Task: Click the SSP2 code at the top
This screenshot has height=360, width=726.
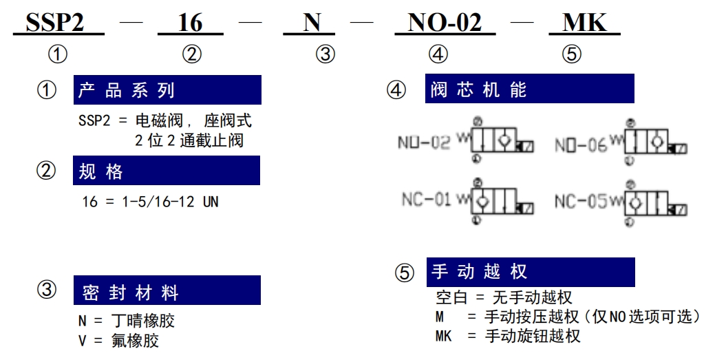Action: click(54, 22)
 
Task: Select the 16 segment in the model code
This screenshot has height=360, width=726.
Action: click(191, 23)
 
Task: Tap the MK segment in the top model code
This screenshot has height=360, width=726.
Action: click(584, 22)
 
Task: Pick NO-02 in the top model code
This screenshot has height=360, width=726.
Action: click(445, 22)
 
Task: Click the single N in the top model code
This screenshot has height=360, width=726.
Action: click(312, 22)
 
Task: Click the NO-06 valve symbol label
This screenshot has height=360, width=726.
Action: click(581, 145)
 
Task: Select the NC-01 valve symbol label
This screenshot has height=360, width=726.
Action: click(426, 200)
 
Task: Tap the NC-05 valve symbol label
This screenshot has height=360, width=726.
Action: click(581, 201)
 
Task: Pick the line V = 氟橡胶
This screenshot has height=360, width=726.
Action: click(118, 341)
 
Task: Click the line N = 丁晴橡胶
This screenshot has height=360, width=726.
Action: click(127, 321)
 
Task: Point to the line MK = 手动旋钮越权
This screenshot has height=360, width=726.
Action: click(508, 335)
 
